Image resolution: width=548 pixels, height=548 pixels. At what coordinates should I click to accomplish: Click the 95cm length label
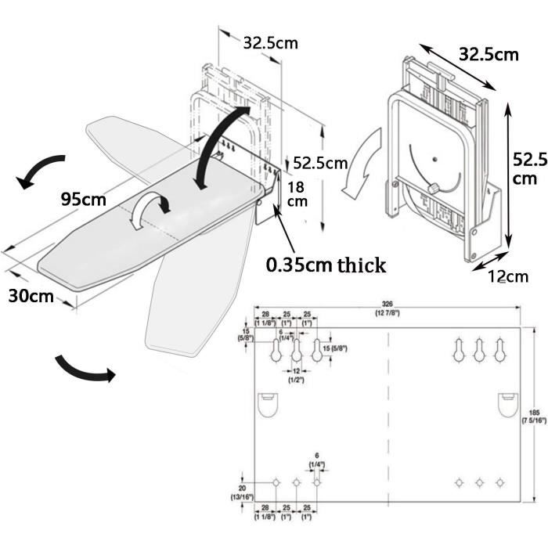(83, 199)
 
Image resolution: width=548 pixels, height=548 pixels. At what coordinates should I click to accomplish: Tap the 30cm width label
(32, 297)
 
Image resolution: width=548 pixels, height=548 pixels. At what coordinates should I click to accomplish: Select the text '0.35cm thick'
(326, 265)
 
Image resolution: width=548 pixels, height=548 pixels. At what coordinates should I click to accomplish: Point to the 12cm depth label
(508, 275)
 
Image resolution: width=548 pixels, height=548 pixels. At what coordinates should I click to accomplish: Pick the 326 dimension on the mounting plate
(387, 303)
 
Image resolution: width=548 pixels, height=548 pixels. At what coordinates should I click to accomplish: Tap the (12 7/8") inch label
(387, 314)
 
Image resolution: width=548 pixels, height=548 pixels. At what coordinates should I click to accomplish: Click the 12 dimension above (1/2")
(296, 370)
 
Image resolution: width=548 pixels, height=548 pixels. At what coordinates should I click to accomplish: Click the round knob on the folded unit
(432, 189)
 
